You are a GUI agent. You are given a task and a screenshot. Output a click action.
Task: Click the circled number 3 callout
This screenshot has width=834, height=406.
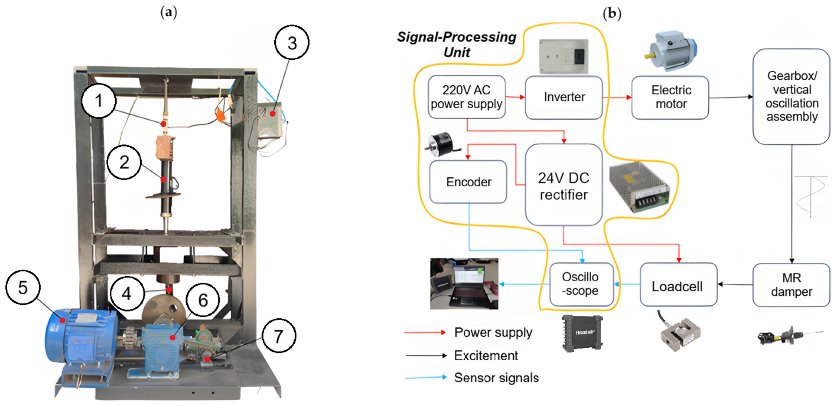292,42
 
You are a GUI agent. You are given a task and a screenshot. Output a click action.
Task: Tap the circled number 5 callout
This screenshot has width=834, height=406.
23,287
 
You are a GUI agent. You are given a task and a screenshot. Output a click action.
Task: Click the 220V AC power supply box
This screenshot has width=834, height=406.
467,97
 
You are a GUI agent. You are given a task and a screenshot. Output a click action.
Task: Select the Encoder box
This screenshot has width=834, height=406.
468,182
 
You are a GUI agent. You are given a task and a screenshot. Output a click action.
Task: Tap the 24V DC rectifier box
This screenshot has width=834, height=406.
564,184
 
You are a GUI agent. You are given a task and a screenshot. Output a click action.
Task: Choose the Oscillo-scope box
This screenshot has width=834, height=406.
582,284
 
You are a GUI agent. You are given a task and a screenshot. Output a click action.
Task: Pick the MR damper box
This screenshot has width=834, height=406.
791,285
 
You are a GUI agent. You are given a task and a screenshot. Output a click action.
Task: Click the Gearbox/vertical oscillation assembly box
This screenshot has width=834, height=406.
791,96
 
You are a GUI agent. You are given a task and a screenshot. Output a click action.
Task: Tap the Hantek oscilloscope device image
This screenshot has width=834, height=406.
582,333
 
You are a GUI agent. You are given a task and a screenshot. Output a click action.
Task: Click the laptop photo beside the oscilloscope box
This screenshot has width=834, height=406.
464,284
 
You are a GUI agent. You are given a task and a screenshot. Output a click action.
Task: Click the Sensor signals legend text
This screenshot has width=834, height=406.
496,378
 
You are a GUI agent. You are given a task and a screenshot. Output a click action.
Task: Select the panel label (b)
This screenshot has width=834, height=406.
612,14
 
